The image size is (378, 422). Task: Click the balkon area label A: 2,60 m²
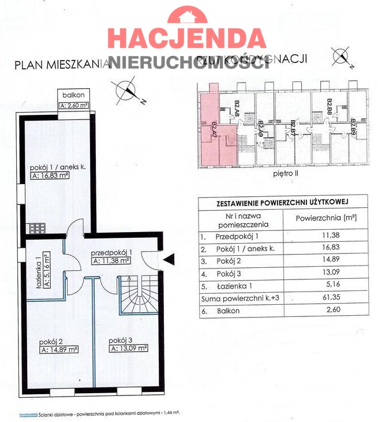point(74,106)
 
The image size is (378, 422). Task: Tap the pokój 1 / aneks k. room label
point(58,167)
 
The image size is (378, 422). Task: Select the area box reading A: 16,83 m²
point(50,176)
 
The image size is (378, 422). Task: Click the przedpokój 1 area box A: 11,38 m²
point(110,260)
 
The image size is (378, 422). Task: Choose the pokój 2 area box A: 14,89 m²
point(59,349)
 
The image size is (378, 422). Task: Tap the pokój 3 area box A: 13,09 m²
point(128,348)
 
